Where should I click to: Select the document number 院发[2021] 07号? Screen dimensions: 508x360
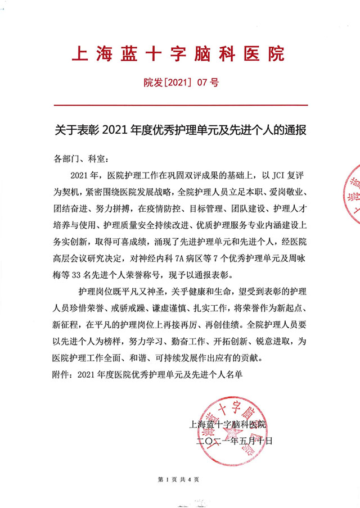pyautogui.click(x=180, y=83)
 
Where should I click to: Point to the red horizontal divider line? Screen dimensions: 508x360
pyautogui.click(x=180, y=105)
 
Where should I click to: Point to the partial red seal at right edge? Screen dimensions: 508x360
pyautogui.click(x=350, y=194)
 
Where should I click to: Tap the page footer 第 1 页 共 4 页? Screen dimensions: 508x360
pyautogui.click(x=180, y=479)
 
